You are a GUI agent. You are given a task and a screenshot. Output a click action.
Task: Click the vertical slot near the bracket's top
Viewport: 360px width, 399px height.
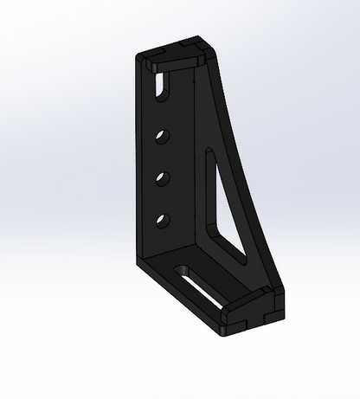pyautogui.click(x=163, y=85)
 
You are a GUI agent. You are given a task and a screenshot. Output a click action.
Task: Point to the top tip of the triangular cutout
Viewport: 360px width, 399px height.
pyautogui.click(x=209, y=155)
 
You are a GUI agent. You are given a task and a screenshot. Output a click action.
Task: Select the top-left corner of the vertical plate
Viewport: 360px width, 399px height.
pyautogui.click(x=140, y=58)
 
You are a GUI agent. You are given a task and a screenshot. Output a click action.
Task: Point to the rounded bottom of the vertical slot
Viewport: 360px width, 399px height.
pyautogui.click(x=162, y=93)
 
